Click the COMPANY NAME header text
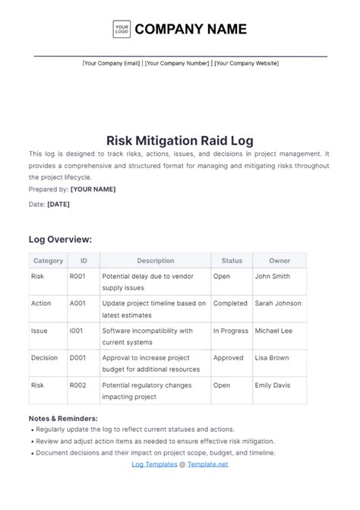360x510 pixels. tap(191, 30)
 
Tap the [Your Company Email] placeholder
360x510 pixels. tap(112, 63)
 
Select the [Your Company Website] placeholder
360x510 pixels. tap(246, 63)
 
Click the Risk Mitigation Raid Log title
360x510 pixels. tap(180, 140)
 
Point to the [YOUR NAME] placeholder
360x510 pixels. tap(93, 188)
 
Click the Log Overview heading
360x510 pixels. tap(60, 239)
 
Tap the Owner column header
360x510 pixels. tap(279, 261)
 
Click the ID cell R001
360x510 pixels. tap(77, 277)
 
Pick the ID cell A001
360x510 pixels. tap(78, 303)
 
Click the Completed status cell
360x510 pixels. tap(229, 303)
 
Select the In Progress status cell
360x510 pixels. tap(230, 331)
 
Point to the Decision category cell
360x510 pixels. tap(45, 358)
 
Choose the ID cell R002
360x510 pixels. tap(78, 385)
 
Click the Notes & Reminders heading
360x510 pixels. tap(63, 418)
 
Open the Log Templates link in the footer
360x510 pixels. tap(154, 464)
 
